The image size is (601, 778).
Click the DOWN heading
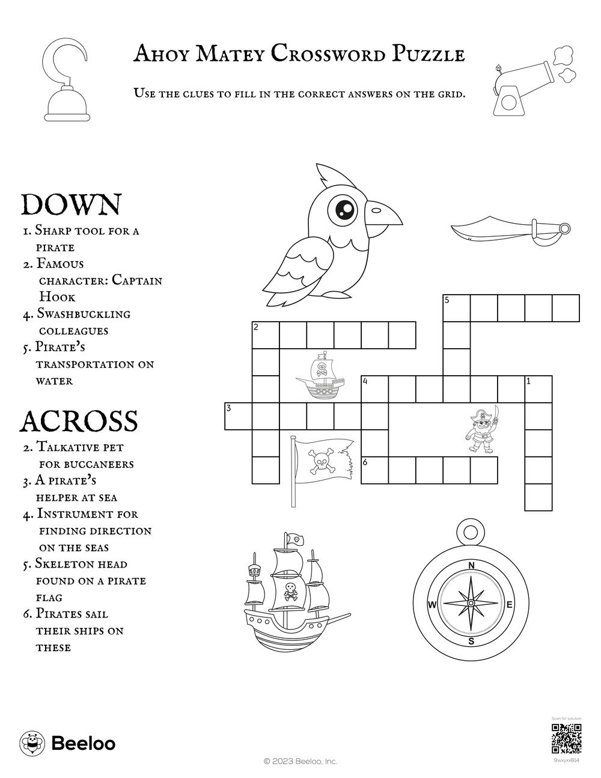pyautogui.click(x=71, y=205)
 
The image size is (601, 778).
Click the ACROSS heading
pyautogui.click(x=79, y=421)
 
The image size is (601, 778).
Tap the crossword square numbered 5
pyautogui.click(x=456, y=308)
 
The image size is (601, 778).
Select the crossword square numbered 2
pyautogui.click(x=265, y=335)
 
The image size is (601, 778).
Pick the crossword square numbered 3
pyautogui.click(x=238, y=416)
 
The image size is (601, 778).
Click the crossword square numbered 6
pyautogui.click(x=374, y=470)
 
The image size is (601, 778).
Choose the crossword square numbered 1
pyautogui.click(x=538, y=389)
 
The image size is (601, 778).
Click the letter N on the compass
pyautogui.click(x=471, y=565)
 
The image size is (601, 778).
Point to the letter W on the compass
pyautogui.click(x=432, y=605)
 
